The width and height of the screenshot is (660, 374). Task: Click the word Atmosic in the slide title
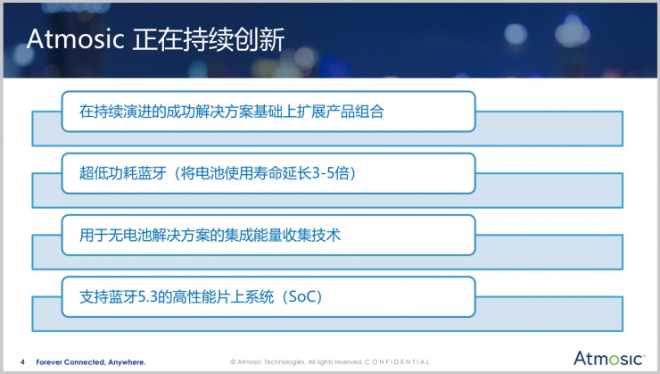tap(74, 39)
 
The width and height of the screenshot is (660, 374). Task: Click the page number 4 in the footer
tap(22, 362)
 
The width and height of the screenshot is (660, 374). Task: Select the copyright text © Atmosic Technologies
tap(268, 362)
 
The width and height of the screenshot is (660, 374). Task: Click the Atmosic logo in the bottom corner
tap(608, 358)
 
